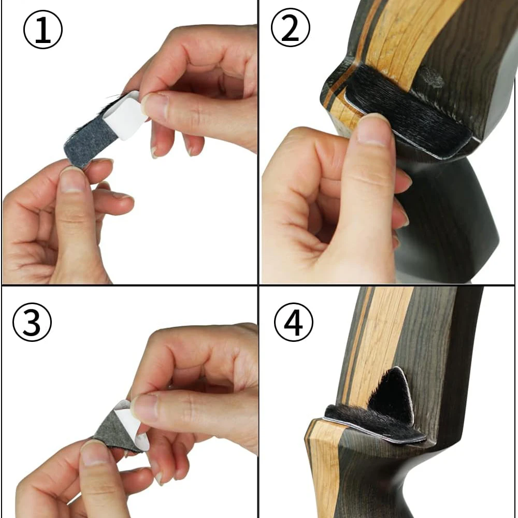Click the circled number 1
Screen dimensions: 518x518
point(43,30)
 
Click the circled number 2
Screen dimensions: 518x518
point(291,28)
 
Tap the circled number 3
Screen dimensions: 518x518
point(32,322)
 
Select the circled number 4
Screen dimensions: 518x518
point(293,322)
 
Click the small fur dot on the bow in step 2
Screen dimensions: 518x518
point(432,77)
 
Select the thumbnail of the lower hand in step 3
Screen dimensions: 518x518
point(94,453)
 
